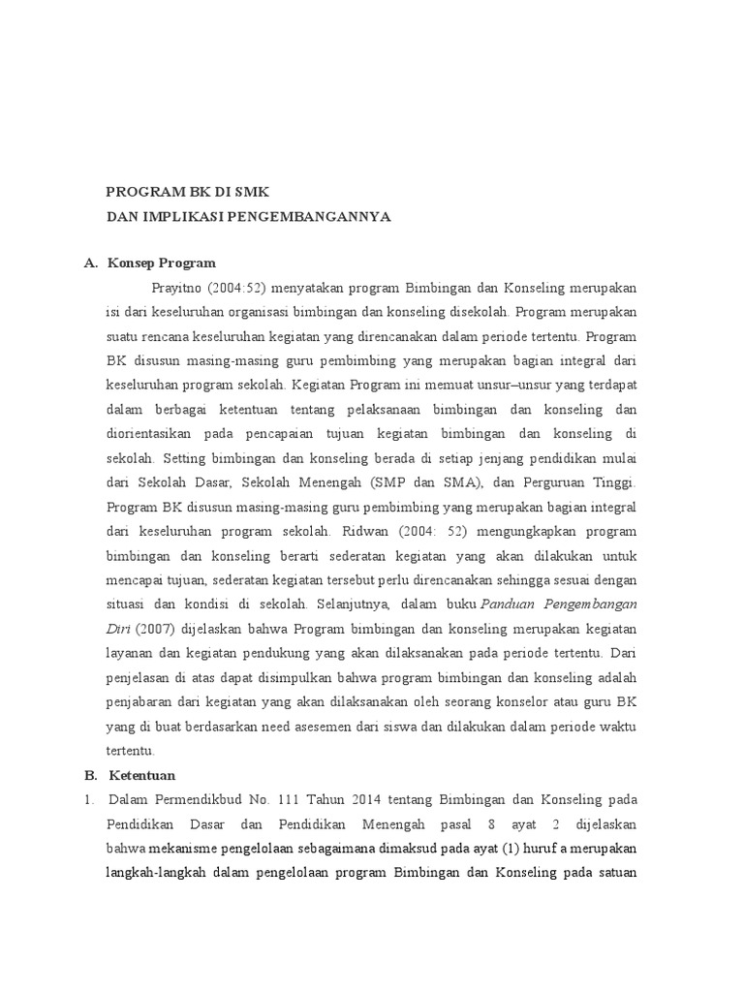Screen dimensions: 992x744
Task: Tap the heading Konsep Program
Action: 162,263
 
